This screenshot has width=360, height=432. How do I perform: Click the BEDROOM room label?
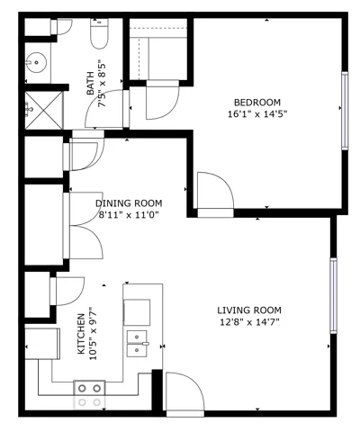pos(257,103)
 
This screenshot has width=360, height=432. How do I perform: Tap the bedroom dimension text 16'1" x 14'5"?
pos(257,114)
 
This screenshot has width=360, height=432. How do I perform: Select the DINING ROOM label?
pos(129,203)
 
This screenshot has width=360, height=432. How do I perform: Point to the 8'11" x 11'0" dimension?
pos(129,215)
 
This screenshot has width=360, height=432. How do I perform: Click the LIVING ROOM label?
pos(249,310)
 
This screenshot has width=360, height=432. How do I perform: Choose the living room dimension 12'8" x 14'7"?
pos(249,322)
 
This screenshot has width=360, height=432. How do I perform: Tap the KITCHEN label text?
pos(81,334)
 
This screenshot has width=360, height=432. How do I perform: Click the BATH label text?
pos(90,84)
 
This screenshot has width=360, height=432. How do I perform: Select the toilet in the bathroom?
pos(99,33)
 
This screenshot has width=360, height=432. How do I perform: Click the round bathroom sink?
pos(36,62)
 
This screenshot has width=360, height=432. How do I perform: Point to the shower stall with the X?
pos(44,111)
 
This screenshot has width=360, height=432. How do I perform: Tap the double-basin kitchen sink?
pos(138,344)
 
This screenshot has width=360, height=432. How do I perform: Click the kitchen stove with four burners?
pos(89,395)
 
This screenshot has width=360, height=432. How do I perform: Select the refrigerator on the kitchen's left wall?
pos(42,344)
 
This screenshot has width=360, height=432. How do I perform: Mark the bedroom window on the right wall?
pos(346,111)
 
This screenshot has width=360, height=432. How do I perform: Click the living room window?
pos(333,295)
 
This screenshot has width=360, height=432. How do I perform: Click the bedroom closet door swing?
pos(162,100)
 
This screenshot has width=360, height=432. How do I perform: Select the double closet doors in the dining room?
pos(84,225)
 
